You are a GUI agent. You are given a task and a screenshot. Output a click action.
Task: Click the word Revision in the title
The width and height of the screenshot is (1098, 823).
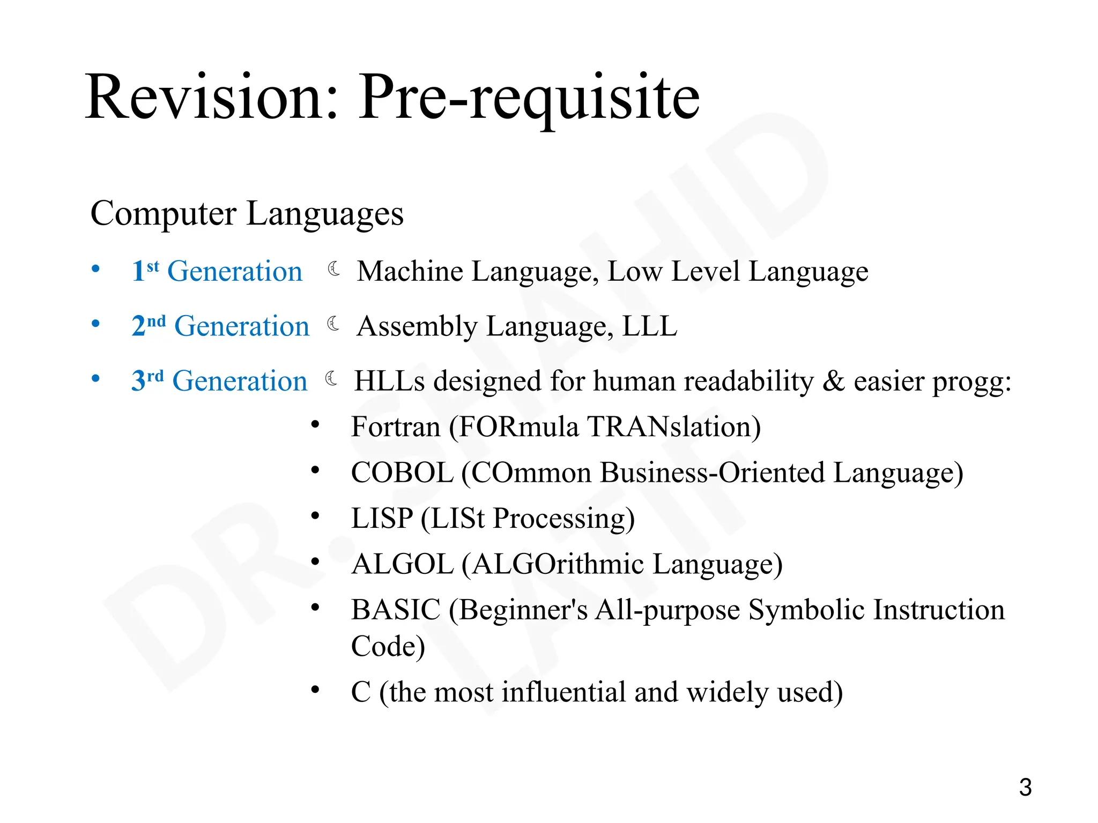pos(212,98)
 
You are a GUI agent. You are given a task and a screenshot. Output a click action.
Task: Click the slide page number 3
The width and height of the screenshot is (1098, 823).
pos(1025,787)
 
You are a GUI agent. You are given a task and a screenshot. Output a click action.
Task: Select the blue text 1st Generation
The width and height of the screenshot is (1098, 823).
pos(217,271)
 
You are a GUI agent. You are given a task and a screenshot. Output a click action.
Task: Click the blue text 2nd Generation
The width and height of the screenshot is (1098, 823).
pos(220,326)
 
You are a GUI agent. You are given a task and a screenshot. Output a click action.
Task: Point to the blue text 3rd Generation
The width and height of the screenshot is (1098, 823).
pos(219,381)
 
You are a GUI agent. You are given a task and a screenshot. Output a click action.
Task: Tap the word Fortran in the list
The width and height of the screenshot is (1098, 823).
pos(396,427)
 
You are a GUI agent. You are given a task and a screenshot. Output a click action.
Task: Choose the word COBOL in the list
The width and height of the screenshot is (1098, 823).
pos(402,473)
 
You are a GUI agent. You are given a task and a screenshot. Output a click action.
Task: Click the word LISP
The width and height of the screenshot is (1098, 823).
pos(382,519)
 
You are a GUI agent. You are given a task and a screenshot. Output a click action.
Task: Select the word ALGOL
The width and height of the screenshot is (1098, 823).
pos(402,564)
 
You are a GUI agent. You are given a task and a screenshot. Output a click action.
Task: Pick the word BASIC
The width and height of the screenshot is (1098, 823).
pos(396,610)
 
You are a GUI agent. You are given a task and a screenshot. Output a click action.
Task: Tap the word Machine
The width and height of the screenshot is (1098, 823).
pos(410,271)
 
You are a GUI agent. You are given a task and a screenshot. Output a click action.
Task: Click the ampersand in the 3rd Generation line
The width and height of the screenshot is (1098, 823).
pos(833,381)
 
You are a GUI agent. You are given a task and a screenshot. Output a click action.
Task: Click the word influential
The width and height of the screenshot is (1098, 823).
pos(563,692)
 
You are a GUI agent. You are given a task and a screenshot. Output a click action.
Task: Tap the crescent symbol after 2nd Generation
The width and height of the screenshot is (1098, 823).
pos(333,324)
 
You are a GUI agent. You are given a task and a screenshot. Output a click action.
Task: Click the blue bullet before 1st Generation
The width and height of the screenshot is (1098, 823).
pos(95,268)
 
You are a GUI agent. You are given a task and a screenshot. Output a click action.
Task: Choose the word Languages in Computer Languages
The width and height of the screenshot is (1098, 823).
pos(325,214)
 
